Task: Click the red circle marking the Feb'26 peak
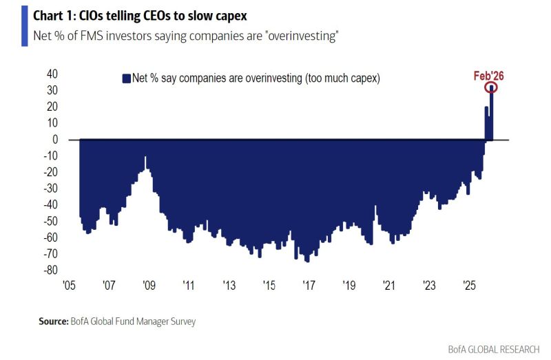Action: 491,87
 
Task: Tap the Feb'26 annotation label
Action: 488,76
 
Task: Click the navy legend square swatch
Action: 126,79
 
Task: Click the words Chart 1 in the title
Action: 45,14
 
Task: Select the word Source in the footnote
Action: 52,321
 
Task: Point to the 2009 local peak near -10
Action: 145,158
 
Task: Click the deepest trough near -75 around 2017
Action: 307,261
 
